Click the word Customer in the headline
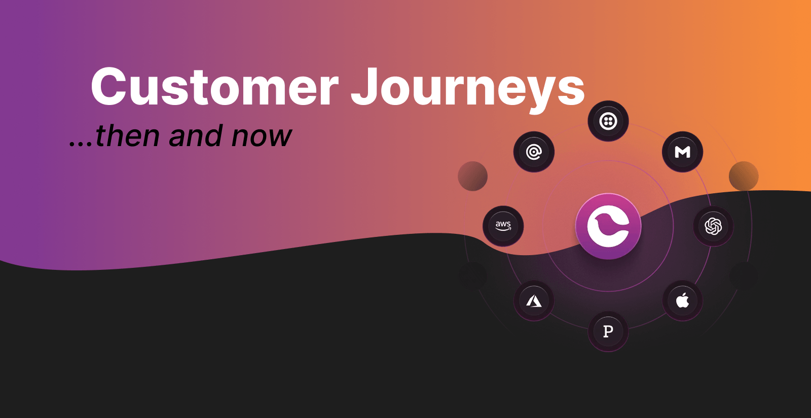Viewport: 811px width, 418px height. (x=214, y=87)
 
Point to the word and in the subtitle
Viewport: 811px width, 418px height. (x=195, y=136)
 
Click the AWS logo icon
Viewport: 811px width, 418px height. (x=503, y=226)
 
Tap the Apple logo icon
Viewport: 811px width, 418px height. (x=682, y=300)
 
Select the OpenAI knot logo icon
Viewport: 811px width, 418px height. (x=713, y=226)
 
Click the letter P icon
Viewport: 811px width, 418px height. (x=608, y=331)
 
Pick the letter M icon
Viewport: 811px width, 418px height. (x=682, y=152)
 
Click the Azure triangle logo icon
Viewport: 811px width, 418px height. (x=534, y=301)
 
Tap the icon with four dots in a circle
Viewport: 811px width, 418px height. (x=608, y=121)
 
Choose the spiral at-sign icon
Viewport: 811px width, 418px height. (x=534, y=152)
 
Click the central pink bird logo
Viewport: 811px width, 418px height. (x=608, y=226)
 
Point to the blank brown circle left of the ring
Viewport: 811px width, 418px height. (x=472, y=176)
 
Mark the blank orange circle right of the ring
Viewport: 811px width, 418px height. (x=743, y=176)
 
